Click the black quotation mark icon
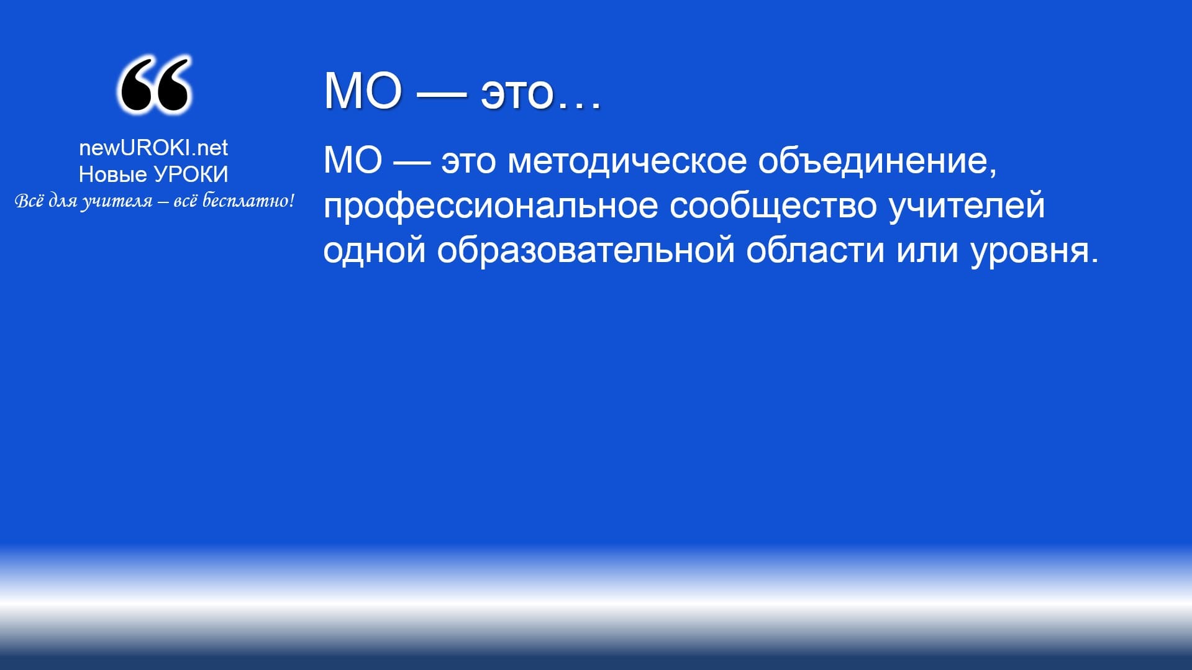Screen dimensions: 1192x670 (154, 86)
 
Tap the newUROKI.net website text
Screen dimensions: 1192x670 (153, 147)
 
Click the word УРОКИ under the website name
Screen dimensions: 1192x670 (191, 174)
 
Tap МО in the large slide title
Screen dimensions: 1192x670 (363, 91)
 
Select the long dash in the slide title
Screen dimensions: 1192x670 (442, 94)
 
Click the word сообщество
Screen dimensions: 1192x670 (773, 206)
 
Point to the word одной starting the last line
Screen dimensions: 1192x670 (375, 251)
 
